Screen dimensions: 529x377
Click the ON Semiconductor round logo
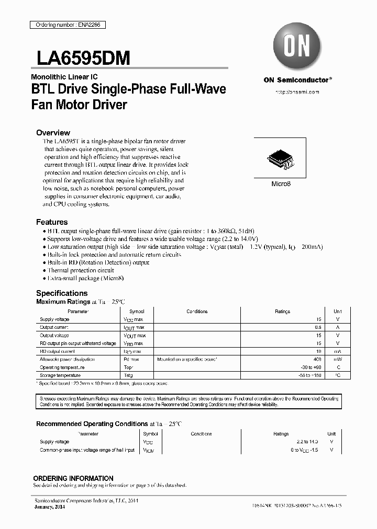pyautogui.click(x=297, y=47)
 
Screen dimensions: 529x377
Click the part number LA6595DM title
pyautogui.click(x=83, y=58)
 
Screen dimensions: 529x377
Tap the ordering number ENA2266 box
pyautogui.click(x=66, y=25)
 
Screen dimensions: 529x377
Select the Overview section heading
pyautogui.click(x=53, y=133)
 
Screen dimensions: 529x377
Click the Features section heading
pyautogui.click(x=52, y=222)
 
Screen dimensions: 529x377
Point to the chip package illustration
pyautogui.click(x=280, y=158)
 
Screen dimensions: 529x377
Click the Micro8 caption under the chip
pyautogui.click(x=281, y=184)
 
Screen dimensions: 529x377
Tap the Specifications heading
pyautogui.click(x=62, y=293)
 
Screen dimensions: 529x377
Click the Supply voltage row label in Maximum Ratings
pyautogui.click(x=54, y=319)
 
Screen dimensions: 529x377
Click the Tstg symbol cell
pyautogui.click(x=127, y=375)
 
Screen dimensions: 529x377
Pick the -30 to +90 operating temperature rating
pyautogui.click(x=309, y=367)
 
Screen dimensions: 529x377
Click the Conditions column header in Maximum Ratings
pyautogui.click(x=197, y=312)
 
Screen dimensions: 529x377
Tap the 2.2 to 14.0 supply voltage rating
pyautogui.click(x=306, y=442)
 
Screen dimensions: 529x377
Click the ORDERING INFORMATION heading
pyautogui.click(x=73, y=478)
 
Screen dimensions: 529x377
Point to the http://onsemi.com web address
pyautogui.click(x=297, y=91)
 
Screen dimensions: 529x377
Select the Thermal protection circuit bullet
pyautogui.click(x=81, y=270)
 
